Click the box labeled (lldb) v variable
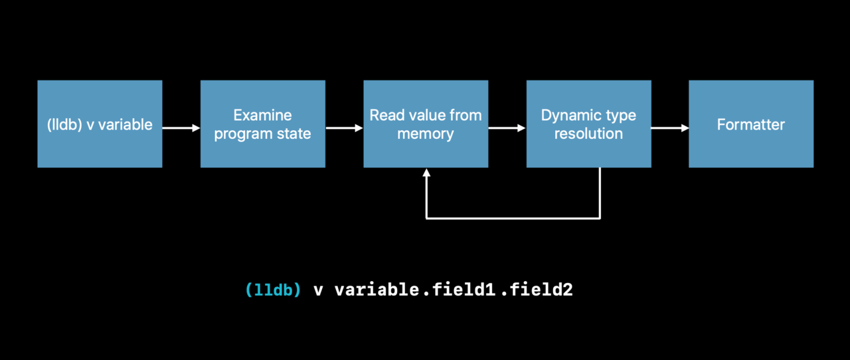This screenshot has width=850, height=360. pyautogui.click(x=100, y=124)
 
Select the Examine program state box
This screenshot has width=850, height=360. pyautogui.click(x=262, y=124)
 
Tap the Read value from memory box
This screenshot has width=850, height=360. pyautogui.click(x=426, y=124)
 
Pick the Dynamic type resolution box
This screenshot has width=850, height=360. pyautogui.click(x=588, y=124)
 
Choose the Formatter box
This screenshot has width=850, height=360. pyautogui.click(x=751, y=124)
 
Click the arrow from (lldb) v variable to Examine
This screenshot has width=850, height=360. pyautogui.click(x=181, y=128)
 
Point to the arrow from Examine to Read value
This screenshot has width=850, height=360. pyautogui.click(x=344, y=128)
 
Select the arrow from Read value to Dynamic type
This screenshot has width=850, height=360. pyautogui.click(x=507, y=128)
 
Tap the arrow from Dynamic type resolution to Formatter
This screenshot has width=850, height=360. pyautogui.click(x=670, y=128)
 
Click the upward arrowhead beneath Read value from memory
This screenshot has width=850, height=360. pyautogui.click(x=426, y=173)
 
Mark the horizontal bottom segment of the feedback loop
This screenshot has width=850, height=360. pyautogui.click(x=513, y=219)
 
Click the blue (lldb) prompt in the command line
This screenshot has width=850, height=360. pyautogui.click(x=273, y=290)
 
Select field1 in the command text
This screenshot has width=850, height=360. pyautogui.click(x=464, y=290)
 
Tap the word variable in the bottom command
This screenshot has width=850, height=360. pyautogui.click(x=377, y=290)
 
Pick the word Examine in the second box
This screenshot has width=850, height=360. pyautogui.click(x=262, y=115)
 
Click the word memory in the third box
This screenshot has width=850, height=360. pyautogui.click(x=426, y=134)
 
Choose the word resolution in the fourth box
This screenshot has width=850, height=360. pyautogui.click(x=588, y=134)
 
